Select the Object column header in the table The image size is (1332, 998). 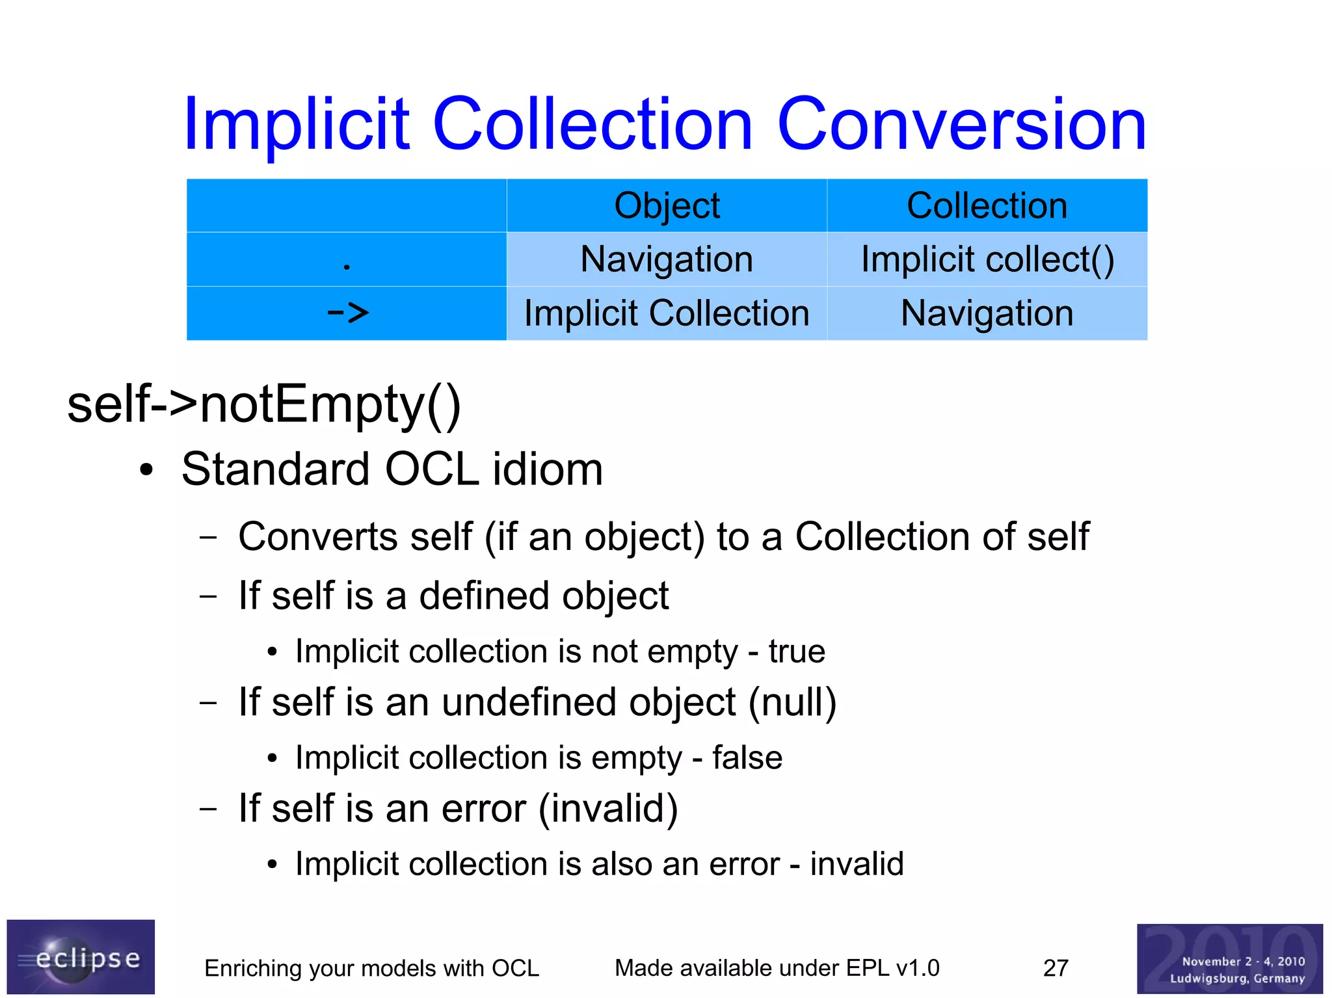667,205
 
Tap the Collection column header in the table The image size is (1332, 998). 987,205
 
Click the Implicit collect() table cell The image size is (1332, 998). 987,259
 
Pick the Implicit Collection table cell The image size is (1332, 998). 667,313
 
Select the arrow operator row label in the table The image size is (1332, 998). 347,313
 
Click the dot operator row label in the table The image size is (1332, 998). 347,265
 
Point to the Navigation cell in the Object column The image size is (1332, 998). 667,259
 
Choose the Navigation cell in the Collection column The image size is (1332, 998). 987,313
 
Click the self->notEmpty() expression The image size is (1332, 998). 264,404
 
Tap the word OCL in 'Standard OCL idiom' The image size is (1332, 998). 432,469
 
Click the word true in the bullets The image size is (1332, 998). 796,651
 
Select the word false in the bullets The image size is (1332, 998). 747,757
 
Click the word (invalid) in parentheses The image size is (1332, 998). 608,809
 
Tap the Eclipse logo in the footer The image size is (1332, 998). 81,956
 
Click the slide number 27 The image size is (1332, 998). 1056,968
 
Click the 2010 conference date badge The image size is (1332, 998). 1229,958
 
